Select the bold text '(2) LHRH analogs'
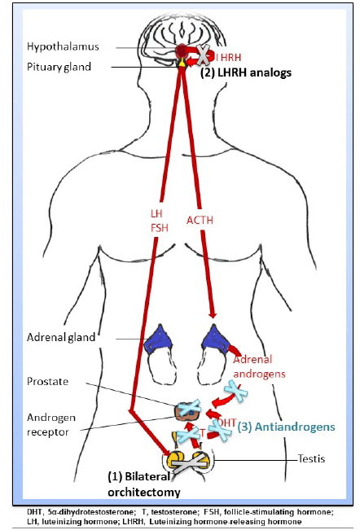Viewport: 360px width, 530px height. click(x=245, y=72)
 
